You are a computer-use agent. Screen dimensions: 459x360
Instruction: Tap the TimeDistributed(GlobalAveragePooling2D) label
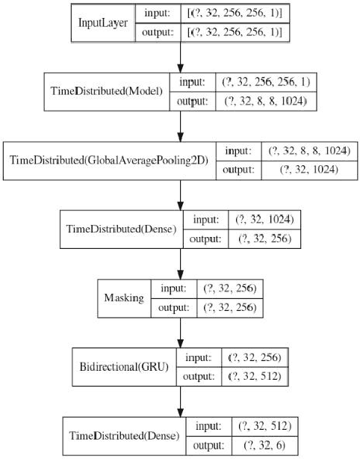[111, 160]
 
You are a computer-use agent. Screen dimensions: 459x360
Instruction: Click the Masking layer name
[125, 298]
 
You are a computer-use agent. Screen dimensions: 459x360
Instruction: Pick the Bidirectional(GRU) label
[124, 366]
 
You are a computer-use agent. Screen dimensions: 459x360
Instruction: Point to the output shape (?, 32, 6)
[264, 444]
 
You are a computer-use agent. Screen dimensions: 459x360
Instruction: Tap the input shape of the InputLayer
[234, 13]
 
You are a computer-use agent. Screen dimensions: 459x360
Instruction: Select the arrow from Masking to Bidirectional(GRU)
[181, 332]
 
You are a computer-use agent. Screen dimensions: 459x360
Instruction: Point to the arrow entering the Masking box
[181, 263]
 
